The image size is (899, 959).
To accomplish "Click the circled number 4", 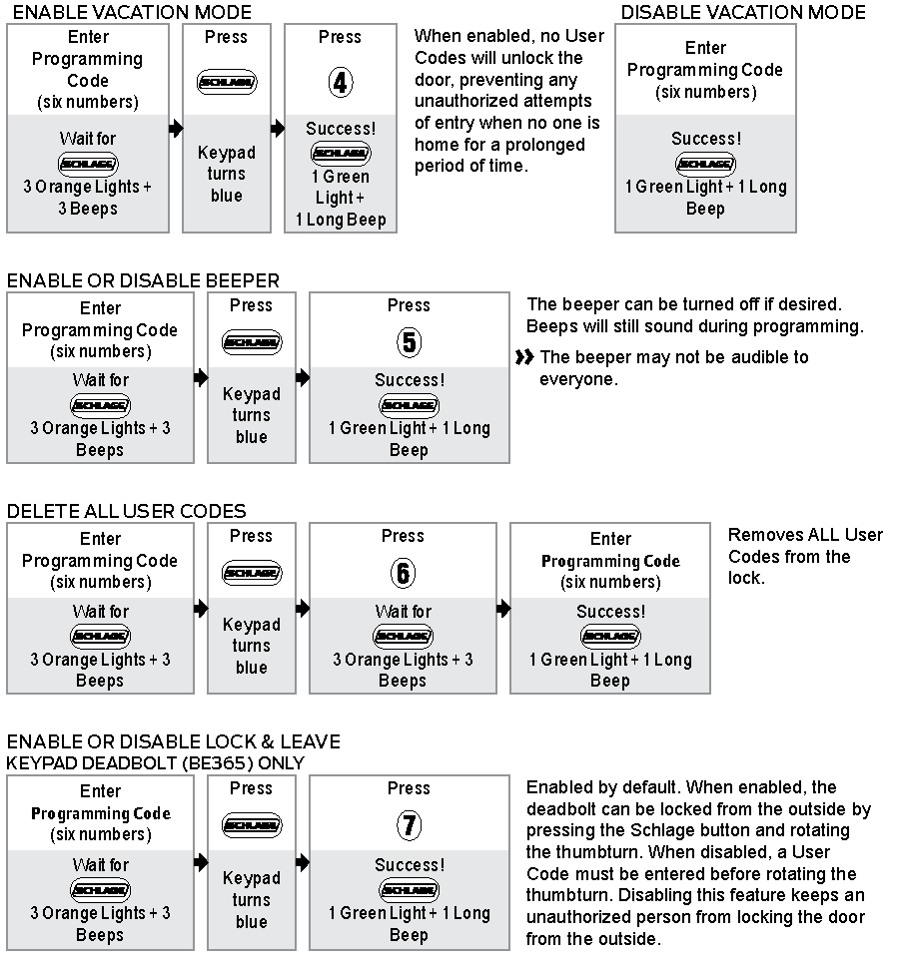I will tap(340, 82).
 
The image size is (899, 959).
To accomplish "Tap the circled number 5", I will tap(409, 343).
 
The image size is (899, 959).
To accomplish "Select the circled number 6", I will tap(403, 573).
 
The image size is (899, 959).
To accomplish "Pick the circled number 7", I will tap(409, 825).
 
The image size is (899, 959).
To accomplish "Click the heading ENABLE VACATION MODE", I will tap(130, 13).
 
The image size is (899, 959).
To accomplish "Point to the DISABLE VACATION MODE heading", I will tap(743, 13).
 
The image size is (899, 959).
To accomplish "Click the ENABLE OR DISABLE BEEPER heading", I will tap(143, 281).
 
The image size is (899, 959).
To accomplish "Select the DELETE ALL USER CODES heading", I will tap(126, 512).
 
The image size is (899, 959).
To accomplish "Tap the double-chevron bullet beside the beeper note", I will tap(525, 357).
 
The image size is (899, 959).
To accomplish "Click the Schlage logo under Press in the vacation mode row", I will tap(227, 82).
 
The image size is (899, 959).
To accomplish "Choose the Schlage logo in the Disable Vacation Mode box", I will tap(705, 164).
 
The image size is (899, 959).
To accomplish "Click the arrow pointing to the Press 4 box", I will tap(277, 129).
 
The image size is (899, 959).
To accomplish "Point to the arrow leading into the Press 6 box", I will tap(302, 608).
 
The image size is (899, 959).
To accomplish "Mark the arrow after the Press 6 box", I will tap(502, 608).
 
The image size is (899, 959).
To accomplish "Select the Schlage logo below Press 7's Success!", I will tap(409, 889).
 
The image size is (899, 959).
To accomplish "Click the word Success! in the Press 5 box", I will tap(409, 380).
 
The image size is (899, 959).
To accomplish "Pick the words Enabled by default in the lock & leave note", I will tap(589, 787).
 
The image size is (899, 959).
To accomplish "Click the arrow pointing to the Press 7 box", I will tap(302, 861).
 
